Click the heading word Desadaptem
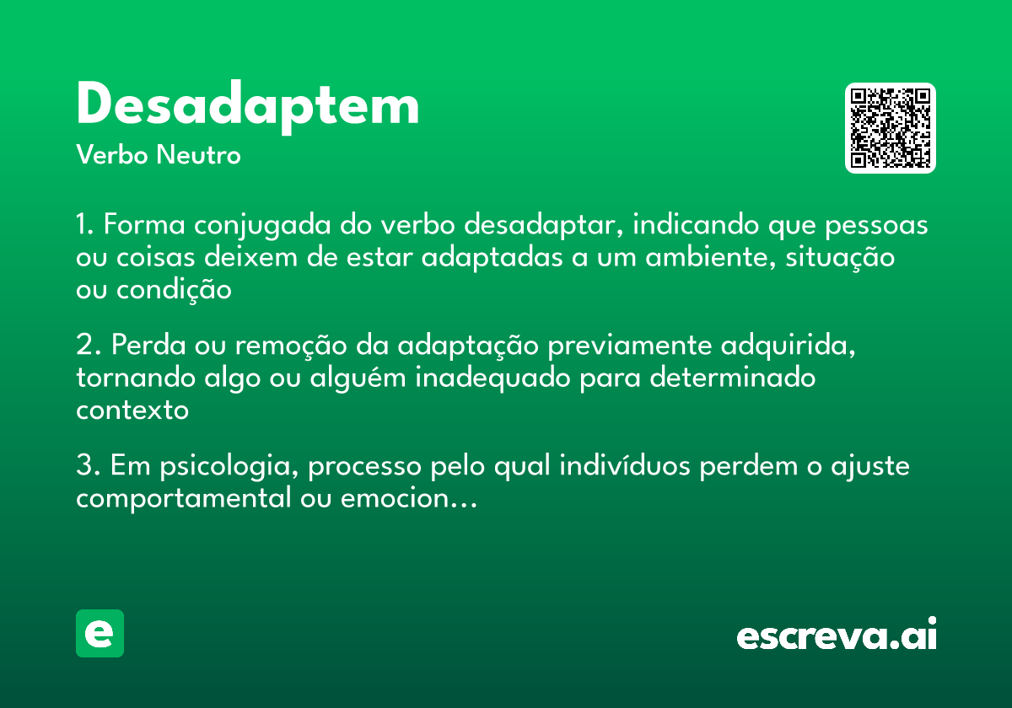[247, 106]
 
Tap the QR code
[891, 128]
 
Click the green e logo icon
[100, 633]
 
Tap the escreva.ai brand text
[837, 635]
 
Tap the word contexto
[132, 410]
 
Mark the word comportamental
[183, 499]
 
